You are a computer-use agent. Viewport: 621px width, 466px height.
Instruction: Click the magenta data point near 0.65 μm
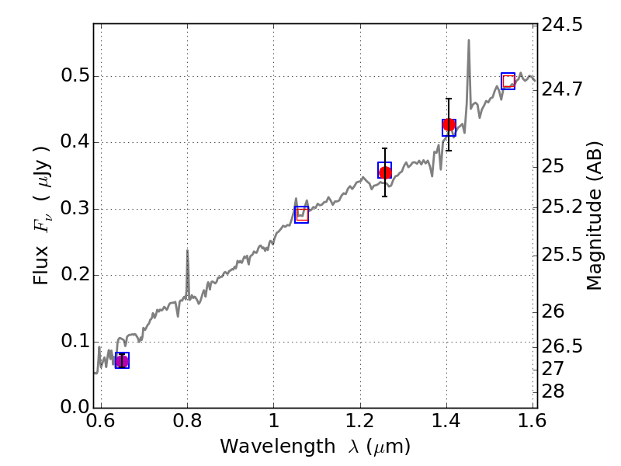click(122, 360)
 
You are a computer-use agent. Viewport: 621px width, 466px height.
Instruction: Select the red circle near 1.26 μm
click(385, 172)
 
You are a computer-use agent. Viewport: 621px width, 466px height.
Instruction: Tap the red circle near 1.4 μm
click(449, 125)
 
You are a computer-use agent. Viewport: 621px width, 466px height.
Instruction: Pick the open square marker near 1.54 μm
click(508, 81)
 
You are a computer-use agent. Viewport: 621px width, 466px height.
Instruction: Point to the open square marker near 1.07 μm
click(302, 215)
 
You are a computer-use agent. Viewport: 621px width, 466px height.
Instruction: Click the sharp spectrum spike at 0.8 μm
click(187, 252)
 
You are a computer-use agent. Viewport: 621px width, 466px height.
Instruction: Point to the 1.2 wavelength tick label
click(359, 423)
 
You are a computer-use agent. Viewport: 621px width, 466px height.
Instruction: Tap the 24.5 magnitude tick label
click(563, 26)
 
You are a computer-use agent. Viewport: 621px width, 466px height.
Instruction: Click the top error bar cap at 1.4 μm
click(449, 99)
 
